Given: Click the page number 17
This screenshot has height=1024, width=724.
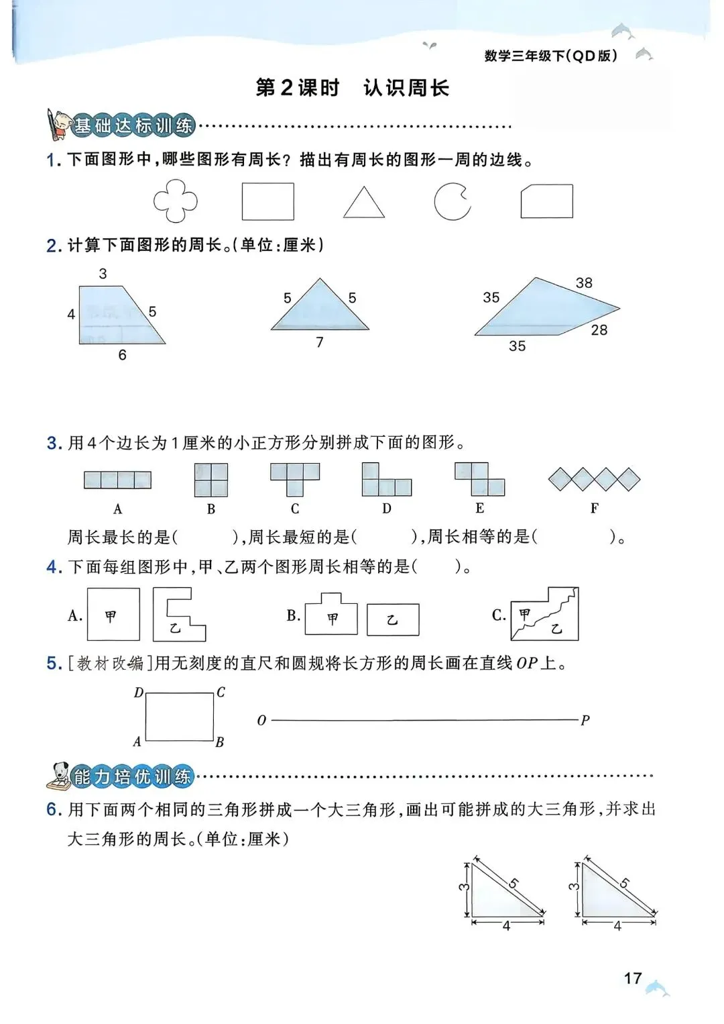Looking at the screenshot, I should pyautogui.click(x=633, y=978).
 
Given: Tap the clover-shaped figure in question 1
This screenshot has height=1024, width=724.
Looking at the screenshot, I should pyautogui.click(x=176, y=201).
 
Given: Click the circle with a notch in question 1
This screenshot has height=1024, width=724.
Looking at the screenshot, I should pyautogui.click(x=452, y=201).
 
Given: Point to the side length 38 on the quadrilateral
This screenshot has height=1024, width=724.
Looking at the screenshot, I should pyautogui.click(x=584, y=283).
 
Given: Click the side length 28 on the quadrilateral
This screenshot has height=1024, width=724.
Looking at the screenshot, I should pyautogui.click(x=599, y=329).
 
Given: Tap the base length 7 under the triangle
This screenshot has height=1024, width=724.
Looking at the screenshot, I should pyautogui.click(x=320, y=342).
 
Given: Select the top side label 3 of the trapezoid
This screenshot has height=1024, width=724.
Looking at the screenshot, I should pyautogui.click(x=103, y=273).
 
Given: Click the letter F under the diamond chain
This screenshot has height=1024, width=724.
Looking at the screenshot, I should pyautogui.click(x=594, y=508).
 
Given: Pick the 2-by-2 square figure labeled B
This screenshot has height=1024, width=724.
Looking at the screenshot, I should pyautogui.click(x=211, y=480).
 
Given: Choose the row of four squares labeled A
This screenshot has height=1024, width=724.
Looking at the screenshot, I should pyautogui.click(x=117, y=480).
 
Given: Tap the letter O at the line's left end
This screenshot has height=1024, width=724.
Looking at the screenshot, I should pyautogui.click(x=261, y=721).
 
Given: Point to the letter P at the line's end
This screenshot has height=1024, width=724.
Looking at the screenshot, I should pyautogui.click(x=585, y=721).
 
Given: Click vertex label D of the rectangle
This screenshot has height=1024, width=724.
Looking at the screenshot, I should pyautogui.click(x=139, y=693).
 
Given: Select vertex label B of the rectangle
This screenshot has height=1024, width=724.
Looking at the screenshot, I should pyautogui.click(x=220, y=742).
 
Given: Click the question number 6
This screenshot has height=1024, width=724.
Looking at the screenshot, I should pyautogui.click(x=54, y=809).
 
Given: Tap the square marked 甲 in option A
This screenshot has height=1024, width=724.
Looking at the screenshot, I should pyautogui.click(x=113, y=615).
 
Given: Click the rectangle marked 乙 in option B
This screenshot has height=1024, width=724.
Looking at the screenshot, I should pyautogui.click(x=393, y=619).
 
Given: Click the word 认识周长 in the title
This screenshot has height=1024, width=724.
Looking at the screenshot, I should pyautogui.click(x=406, y=88).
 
